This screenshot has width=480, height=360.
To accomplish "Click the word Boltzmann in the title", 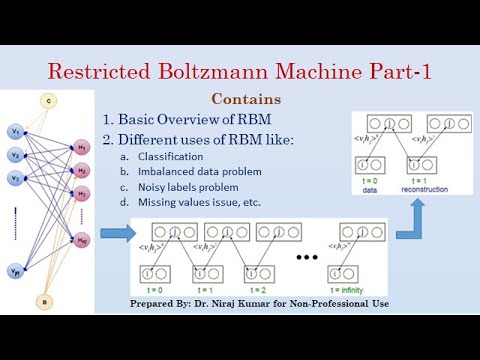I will pos(239,72).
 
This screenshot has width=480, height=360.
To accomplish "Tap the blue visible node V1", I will pos(15,133).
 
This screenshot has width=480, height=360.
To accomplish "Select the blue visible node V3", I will pos(15,179).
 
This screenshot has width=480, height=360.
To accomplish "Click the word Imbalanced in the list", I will pos(168,171).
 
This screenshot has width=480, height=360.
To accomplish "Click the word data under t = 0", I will pos(370,188).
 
